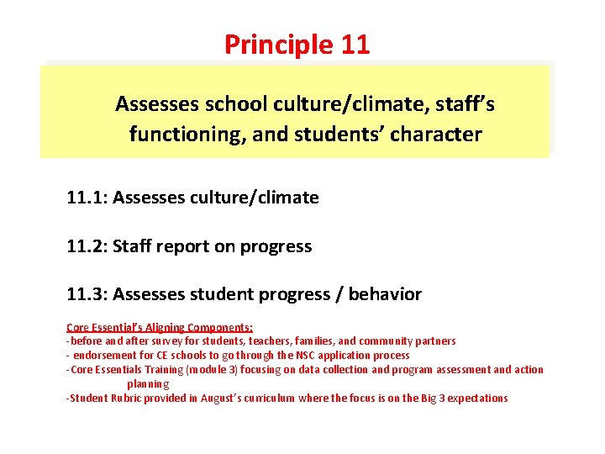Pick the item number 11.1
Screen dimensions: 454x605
pos(87,198)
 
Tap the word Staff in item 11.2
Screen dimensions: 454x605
pos(134,246)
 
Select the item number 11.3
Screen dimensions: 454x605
pos(87,294)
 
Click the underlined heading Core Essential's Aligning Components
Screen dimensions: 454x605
pos(160,328)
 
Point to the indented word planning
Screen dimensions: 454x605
pos(148,383)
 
